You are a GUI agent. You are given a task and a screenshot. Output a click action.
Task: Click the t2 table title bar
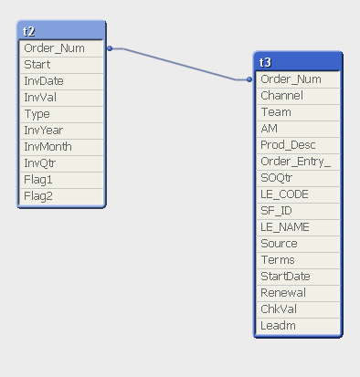click(x=61, y=31)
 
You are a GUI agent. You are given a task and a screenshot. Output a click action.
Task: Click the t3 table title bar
click(x=298, y=62)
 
